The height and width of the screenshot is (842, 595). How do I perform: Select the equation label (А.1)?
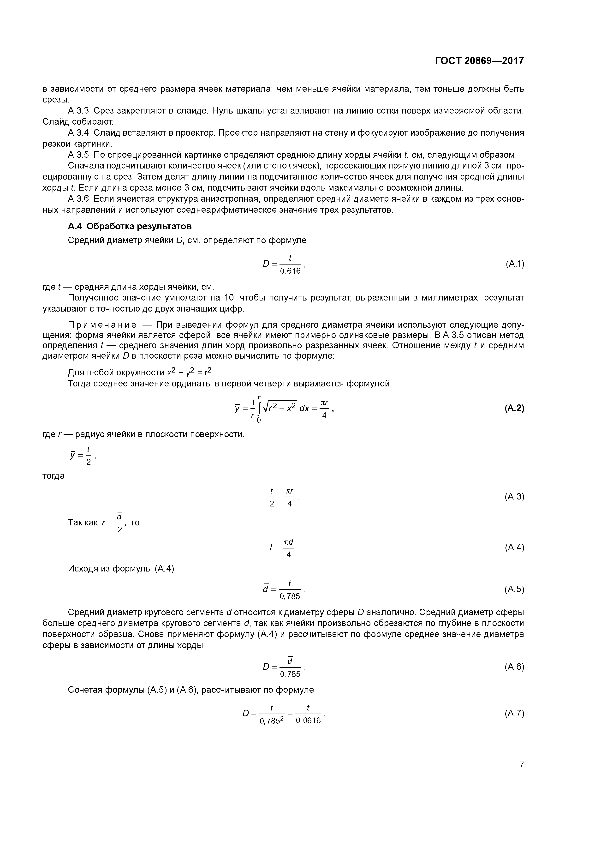pos(515,264)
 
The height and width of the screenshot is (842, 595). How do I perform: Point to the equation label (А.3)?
pos(514,497)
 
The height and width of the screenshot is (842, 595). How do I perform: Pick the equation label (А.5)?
pos(514,589)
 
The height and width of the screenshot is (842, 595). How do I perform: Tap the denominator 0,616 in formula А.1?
pos(290,271)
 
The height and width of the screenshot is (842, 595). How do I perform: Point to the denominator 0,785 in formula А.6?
pos(290,674)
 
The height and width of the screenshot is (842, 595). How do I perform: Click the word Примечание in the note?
pos(102,325)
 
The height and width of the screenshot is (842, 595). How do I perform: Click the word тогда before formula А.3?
pos(54,476)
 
